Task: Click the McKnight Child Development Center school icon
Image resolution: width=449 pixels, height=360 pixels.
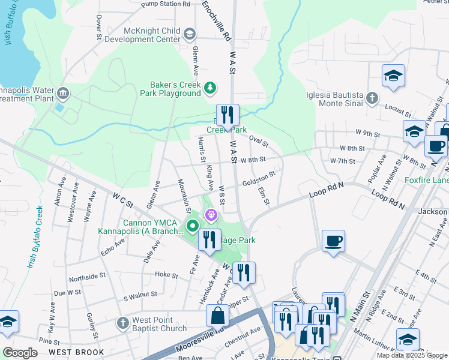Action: click(190, 34)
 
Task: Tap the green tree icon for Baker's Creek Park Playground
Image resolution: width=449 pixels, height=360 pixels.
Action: click(209, 89)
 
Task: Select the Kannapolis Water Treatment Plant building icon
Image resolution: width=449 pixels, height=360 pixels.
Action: click(63, 94)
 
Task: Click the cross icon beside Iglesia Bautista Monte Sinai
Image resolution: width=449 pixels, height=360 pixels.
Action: click(372, 98)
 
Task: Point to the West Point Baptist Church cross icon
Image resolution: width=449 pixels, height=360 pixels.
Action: click(122, 323)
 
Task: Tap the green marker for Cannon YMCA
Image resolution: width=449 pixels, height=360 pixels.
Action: click(193, 226)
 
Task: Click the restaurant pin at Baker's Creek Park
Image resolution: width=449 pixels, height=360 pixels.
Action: click(228, 114)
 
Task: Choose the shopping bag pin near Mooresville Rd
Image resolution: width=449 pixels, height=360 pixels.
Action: click(217, 315)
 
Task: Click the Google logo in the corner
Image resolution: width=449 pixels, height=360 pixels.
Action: click(20, 353)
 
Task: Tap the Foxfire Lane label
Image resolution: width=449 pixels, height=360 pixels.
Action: click(427, 179)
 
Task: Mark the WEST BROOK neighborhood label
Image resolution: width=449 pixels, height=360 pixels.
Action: click(76, 352)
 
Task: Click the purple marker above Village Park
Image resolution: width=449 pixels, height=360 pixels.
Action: click(211, 214)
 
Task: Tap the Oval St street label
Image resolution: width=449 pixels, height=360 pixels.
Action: click(258, 141)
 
